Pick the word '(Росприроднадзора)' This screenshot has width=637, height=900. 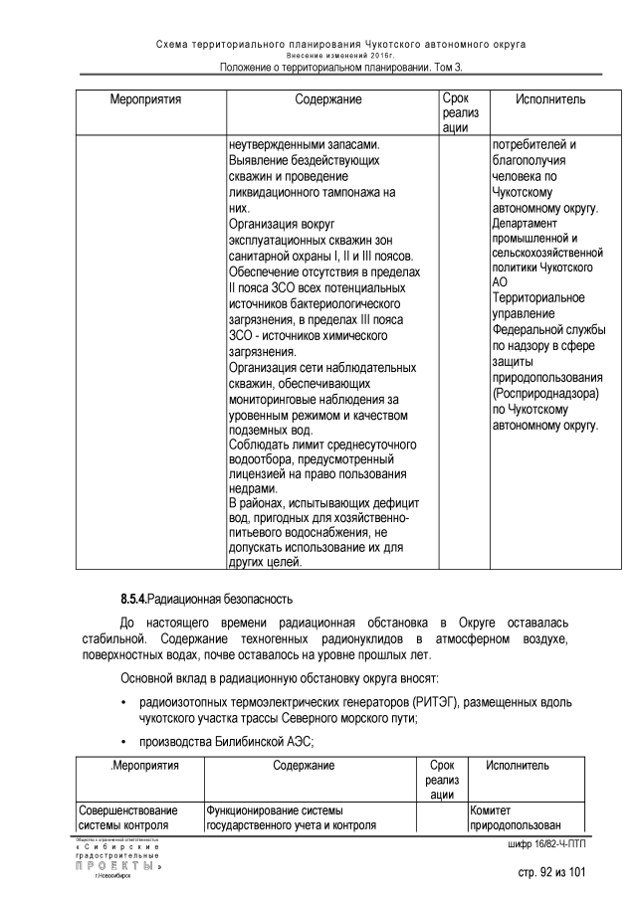pos(545,393)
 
